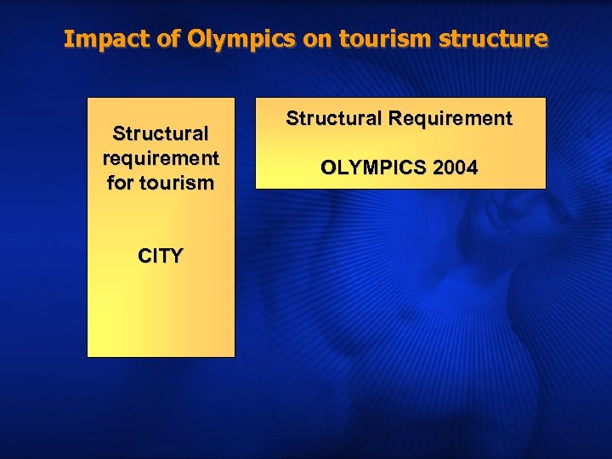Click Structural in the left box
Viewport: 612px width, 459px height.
point(161,133)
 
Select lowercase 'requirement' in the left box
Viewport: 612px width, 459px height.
point(161,158)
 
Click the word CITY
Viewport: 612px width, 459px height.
point(161,256)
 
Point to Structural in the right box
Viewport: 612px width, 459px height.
point(334,119)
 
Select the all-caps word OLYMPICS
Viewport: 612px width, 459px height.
point(372,168)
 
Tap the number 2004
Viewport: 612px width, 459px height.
point(454,168)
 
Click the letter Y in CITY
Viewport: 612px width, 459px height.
point(175,256)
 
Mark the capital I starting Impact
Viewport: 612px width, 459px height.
point(68,39)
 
